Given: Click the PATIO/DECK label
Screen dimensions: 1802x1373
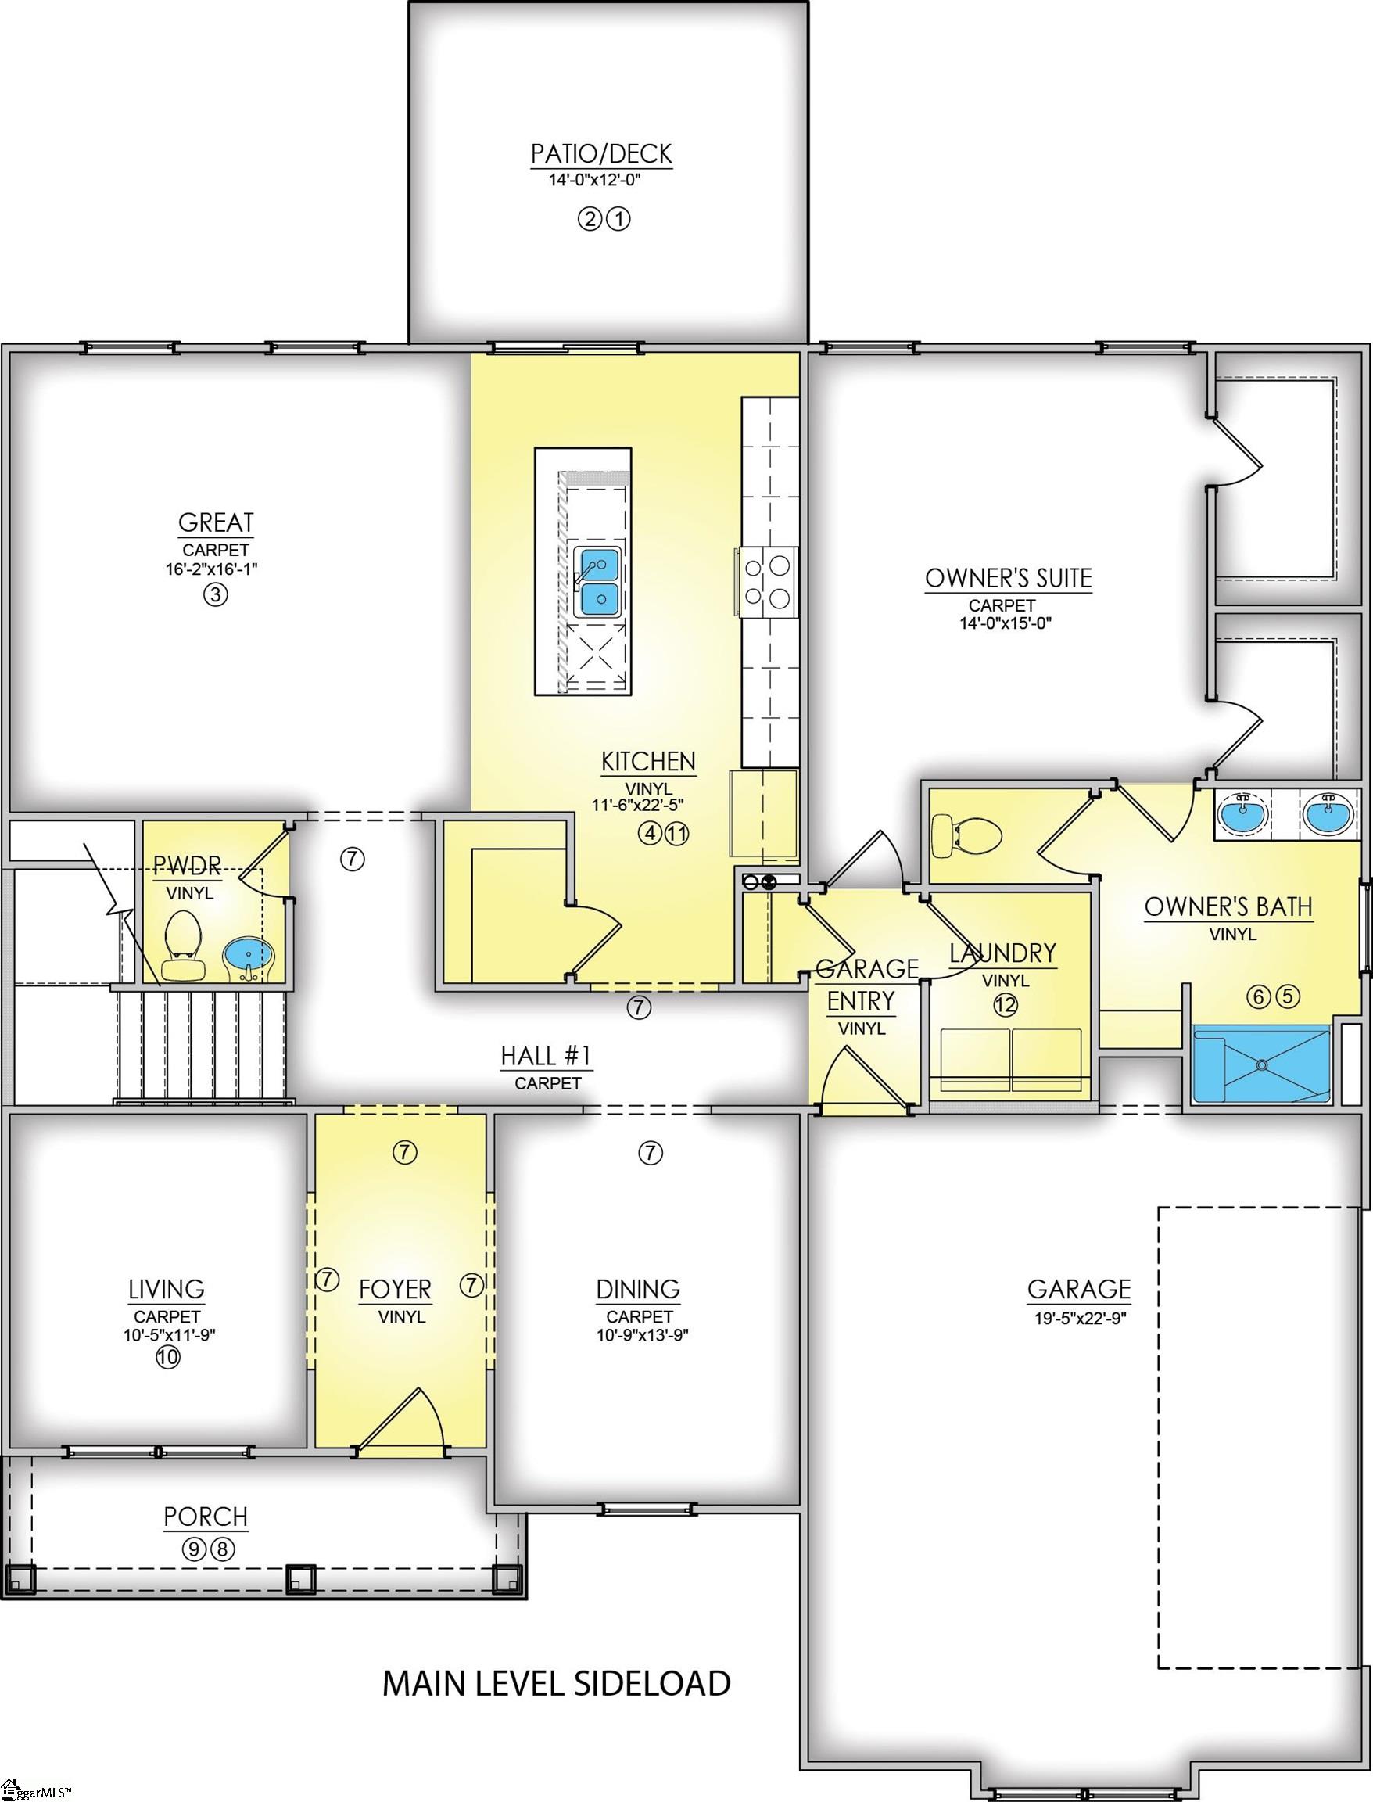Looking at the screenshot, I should point(600,154).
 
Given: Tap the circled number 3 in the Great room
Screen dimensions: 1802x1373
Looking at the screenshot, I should point(215,595).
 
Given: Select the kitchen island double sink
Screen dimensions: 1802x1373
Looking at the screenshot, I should point(599,582).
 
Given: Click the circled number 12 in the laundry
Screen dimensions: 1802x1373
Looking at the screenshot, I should point(1006,1005).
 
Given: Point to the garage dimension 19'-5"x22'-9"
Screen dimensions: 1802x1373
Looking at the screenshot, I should point(1079,1319).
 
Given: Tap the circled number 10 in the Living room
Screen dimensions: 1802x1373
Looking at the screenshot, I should point(167,1358).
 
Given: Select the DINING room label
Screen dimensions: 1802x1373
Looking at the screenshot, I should point(637,1290).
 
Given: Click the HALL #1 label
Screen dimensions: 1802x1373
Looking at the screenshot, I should point(546,1057).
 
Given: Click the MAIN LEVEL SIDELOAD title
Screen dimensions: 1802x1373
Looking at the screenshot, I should point(557,1683).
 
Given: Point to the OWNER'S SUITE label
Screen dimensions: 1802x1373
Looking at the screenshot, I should point(1008,578).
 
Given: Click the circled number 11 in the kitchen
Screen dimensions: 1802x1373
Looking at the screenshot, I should point(678,834).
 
